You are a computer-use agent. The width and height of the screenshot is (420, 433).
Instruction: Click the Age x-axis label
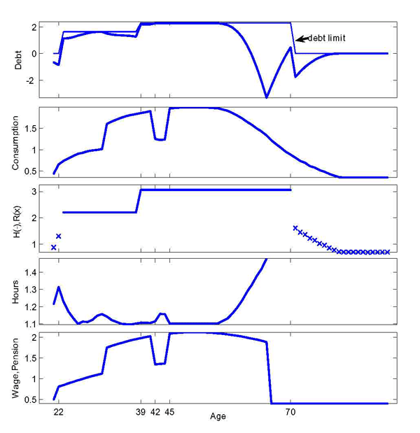coord(218,416)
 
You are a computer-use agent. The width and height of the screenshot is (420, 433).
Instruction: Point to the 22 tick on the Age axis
coord(58,413)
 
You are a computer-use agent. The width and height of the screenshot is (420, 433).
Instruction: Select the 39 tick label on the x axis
coord(141,413)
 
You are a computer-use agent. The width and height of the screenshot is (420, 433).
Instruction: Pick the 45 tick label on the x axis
coord(169,413)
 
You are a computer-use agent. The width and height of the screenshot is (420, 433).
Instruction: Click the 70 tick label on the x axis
coord(290,413)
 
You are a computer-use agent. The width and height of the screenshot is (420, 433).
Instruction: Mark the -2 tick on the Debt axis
coord(31,80)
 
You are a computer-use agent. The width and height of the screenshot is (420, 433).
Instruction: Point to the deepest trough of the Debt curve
coord(266,97)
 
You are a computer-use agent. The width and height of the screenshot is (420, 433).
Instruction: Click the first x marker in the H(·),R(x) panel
coord(54,247)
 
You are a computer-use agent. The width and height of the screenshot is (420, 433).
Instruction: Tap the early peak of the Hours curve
coord(58,287)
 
